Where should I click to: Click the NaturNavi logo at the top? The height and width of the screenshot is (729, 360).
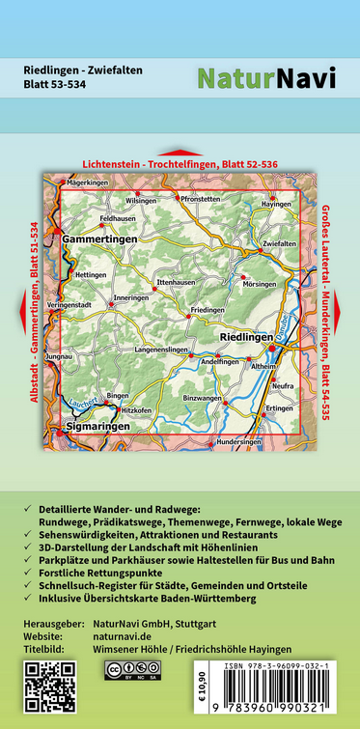click(x=266, y=79)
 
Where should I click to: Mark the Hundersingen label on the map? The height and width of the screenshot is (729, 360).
click(x=239, y=441)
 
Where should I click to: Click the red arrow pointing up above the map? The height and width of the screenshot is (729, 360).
click(x=180, y=153)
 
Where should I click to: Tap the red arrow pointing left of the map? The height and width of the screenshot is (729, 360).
click(x=19, y=309)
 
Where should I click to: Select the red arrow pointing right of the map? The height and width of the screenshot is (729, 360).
click(x=342, y=309)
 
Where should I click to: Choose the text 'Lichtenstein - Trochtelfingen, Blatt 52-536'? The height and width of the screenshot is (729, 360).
click(x=180, y=164)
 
